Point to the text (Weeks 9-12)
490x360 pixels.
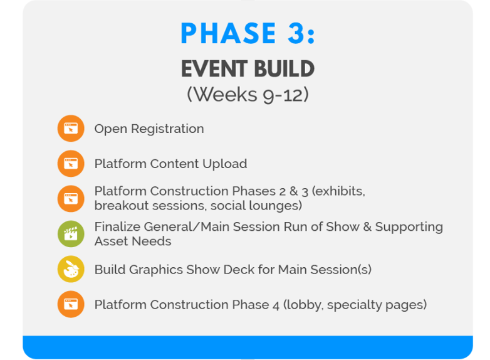[248, 95]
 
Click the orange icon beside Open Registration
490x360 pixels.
[71, 129]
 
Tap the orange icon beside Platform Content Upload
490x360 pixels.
[71, 164]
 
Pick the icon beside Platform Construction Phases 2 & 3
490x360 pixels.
[71, 199]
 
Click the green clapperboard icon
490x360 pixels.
[71, 234]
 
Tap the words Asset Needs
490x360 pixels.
[132, 241]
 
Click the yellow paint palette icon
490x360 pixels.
[71, 270]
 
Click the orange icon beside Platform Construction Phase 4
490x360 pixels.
[71, 305]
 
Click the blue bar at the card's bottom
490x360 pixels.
[248, 347]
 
